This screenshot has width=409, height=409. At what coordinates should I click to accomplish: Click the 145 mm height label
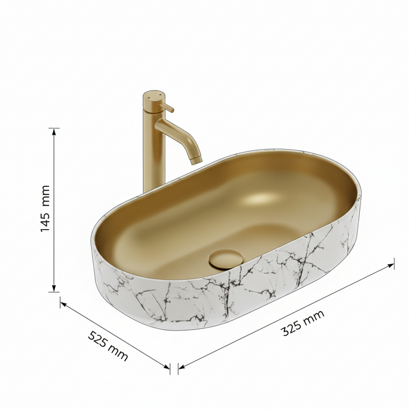(x=45, y=209)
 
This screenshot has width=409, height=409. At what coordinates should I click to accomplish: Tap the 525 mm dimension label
(x=108, y=345)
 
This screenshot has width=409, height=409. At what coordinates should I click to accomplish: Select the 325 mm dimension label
(x=303, y=323)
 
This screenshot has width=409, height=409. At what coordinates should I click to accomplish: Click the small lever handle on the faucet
(x=168, y=108)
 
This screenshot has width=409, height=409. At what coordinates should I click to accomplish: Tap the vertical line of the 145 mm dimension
(x=55, y=175)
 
